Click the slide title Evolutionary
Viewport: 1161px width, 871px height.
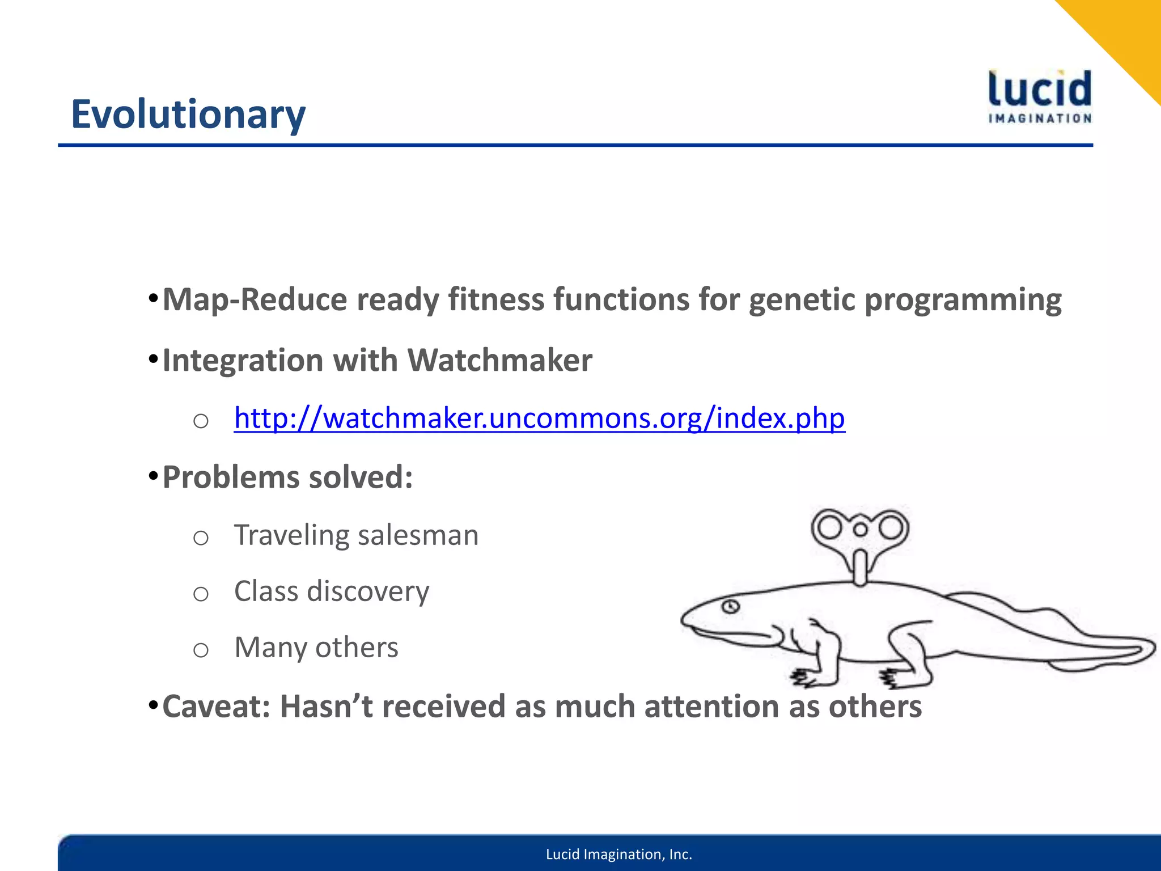188,115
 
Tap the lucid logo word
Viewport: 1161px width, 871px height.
1040,90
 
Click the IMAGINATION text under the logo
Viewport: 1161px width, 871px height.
1040,119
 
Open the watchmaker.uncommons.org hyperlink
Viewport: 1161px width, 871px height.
539,418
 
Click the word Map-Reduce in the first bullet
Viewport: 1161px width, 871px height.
253,299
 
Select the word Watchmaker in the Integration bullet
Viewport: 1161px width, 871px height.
499,360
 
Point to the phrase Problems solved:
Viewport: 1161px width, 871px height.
287,477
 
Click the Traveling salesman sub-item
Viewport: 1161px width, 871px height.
356,535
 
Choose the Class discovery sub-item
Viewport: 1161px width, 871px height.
332,591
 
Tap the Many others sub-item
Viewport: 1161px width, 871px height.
316,648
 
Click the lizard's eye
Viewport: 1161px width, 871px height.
730,607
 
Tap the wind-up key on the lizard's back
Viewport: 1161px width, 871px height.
860,539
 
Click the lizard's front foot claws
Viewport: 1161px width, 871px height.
802,676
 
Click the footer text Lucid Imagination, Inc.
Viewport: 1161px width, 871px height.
618,854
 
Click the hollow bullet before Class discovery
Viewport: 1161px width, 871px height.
201,594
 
